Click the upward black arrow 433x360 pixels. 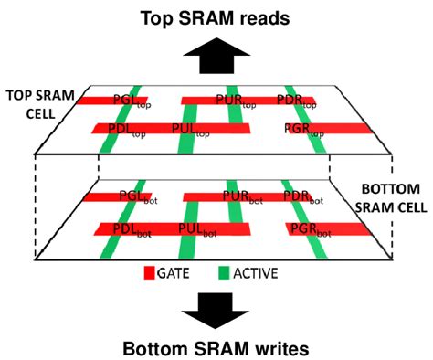(x=216, y=58)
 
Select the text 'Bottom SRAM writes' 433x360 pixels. (x=216, y=348)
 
